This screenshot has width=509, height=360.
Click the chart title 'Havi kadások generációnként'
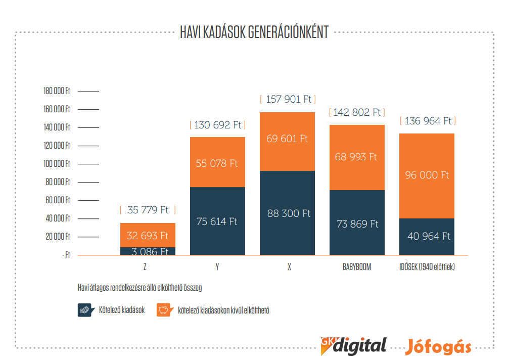(x=254, y=32)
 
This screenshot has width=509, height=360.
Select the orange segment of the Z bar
(x=148, y=235)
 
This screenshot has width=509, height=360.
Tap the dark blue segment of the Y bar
(x=217, y=221)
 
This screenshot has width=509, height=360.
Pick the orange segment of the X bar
(x=287, y=142)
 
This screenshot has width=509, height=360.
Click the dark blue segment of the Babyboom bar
(x=357, y=223)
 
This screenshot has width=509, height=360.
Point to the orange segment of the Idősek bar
(x=427, y=175)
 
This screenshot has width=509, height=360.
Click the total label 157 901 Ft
(x=287, y=99)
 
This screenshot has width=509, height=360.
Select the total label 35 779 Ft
(x=148, y=210)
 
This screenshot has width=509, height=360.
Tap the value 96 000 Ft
(x=427, y=175)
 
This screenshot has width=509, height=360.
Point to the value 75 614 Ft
(x=217, y=221)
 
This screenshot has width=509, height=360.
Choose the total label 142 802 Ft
(x=357, y=112)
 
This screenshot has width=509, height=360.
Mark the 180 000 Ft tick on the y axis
(x=57, y=91)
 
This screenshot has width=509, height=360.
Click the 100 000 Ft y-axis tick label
(x=57, y=164)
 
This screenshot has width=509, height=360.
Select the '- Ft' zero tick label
(x=66, y=255)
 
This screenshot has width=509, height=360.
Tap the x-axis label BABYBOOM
(x=356, y=267)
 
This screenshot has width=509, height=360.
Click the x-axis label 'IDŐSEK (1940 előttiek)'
(x=427, y=267)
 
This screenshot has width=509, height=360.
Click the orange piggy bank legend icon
(x=164, y=310)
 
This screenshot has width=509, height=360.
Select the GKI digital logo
(x=353, y=345)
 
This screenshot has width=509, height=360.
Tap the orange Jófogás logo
(x=438, y=347)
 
